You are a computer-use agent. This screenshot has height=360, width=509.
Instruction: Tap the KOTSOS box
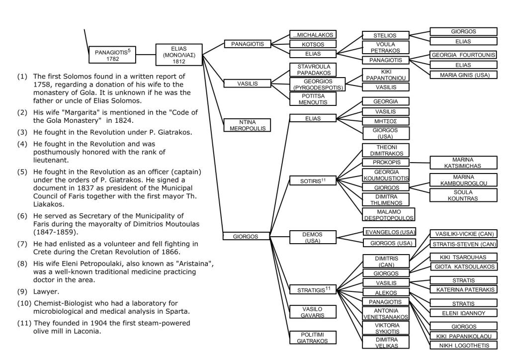[x=312, y=44]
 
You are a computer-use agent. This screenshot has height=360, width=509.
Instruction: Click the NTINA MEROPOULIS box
[x=247, y=125]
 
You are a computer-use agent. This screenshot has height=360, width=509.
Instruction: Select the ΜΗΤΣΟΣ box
[x=386, y=121]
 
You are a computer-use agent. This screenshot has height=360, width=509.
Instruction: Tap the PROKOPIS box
[x=386, y=163]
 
